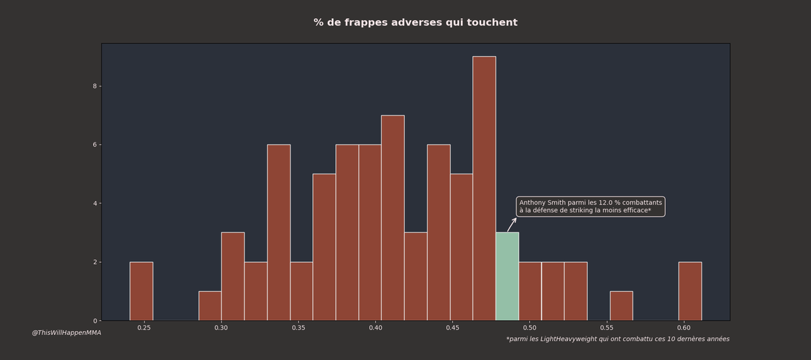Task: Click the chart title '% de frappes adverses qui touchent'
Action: coord(415,23)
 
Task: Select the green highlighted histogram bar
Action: coord(507,276)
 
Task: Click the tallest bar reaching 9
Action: coord(484,188)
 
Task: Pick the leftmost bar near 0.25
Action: coord(141,291)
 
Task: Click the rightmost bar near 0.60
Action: coord(690,291)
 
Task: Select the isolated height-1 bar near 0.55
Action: coord(621,306)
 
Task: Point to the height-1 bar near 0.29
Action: coord(210,306)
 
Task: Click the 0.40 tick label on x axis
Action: coord(375,328)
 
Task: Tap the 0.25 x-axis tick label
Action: coord(144,328)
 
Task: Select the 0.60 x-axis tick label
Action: coord(683,328)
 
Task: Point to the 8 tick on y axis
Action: coord(95,86)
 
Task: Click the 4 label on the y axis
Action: coord(95,203)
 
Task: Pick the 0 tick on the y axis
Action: coord(95,321)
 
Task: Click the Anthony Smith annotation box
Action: coord(590,207)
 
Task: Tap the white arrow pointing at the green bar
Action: coord(512,225)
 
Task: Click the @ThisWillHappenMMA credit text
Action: coord(66,332)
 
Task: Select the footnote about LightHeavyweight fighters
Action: coord(618,339)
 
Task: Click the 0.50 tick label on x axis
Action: coord(529,328)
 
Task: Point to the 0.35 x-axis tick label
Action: coord(298,328)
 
